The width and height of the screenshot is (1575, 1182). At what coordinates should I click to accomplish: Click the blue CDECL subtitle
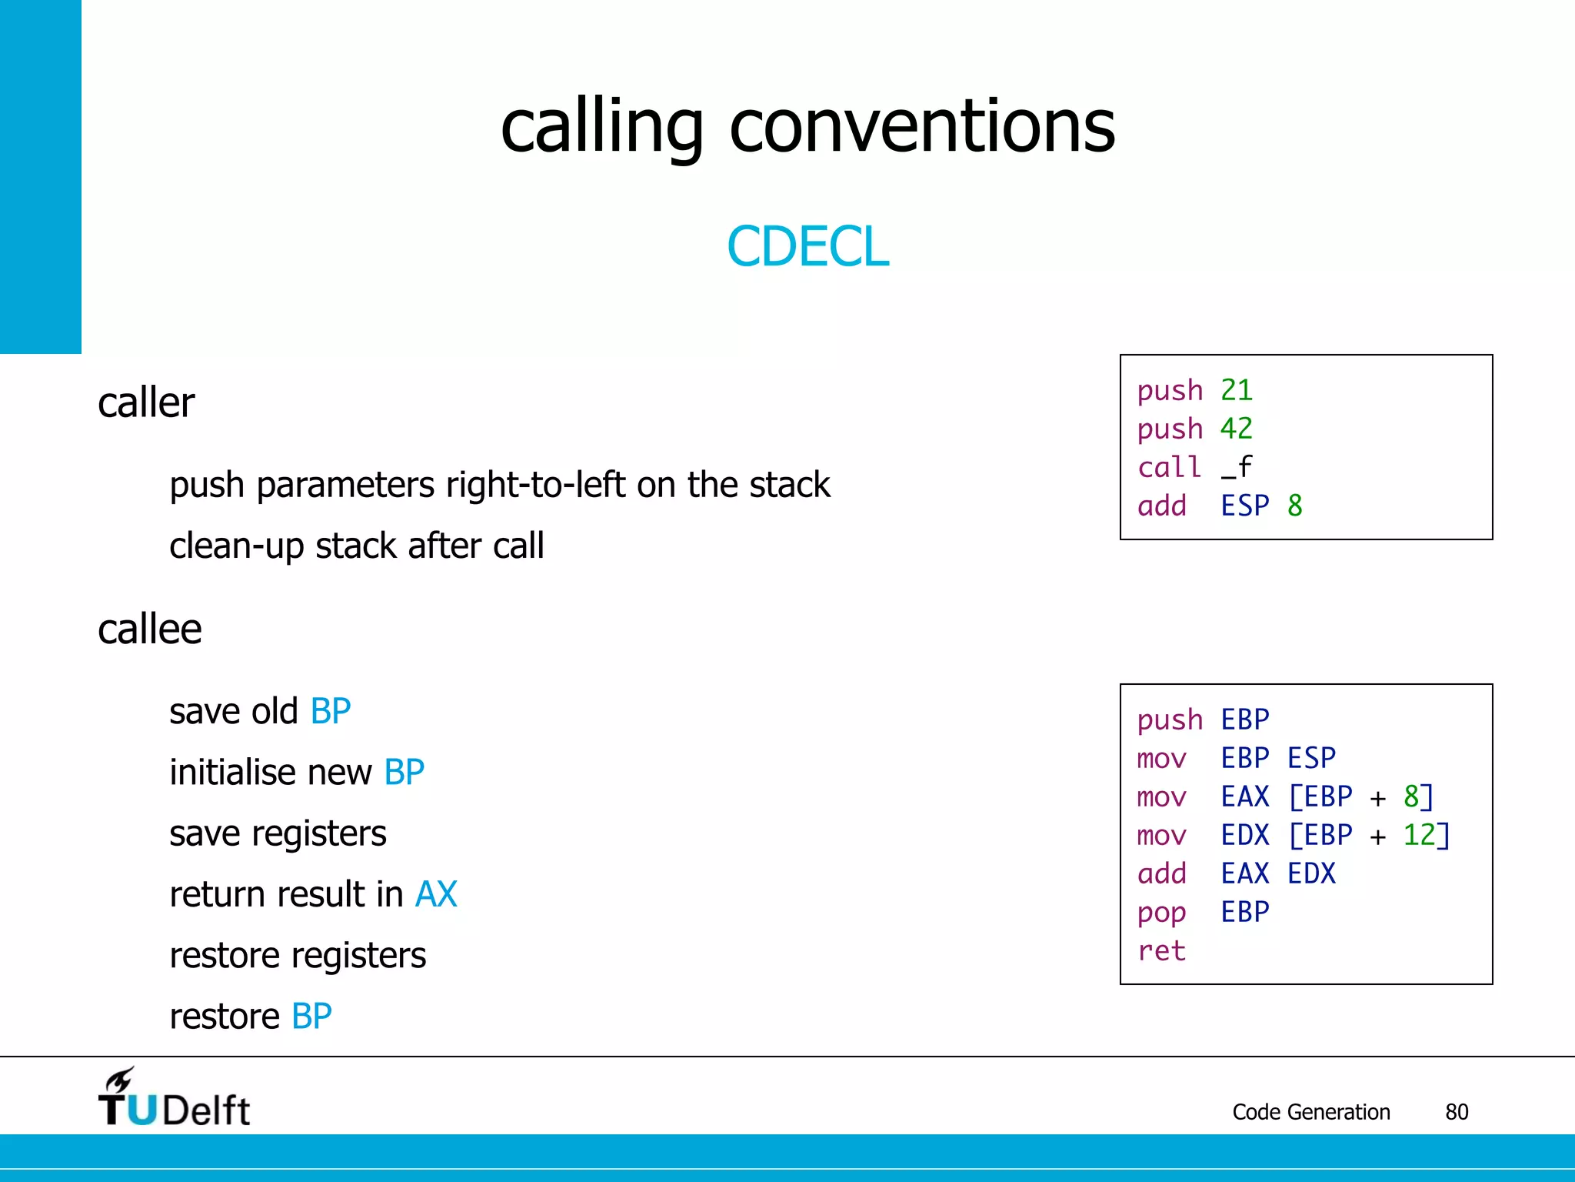point(807,246)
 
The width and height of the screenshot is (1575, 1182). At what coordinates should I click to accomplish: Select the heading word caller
point(146,402)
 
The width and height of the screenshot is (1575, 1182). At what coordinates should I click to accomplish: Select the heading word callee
point(149,629)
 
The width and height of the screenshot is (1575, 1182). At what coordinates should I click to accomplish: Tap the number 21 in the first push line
point(1236,390)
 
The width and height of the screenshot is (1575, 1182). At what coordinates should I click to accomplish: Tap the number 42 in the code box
point(1236,429)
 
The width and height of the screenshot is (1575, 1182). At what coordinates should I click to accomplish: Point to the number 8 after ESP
point(1295,506)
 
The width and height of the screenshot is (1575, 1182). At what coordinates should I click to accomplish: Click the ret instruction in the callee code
point(1161,950)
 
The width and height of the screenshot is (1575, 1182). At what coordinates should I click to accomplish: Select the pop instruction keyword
point(1161,913)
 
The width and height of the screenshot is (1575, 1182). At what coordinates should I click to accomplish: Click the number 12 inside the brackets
point(1419,835)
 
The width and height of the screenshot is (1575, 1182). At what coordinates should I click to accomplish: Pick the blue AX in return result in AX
point(436,894)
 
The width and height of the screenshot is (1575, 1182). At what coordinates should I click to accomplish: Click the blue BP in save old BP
point(331,711)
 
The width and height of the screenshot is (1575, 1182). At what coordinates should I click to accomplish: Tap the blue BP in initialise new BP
point(404,772)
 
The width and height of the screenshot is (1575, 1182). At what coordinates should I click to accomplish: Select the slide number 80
point(1457,1112)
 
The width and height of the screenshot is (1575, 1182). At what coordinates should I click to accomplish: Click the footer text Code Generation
point(1310,1112)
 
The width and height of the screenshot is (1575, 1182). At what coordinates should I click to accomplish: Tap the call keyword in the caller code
point(1169,467)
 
